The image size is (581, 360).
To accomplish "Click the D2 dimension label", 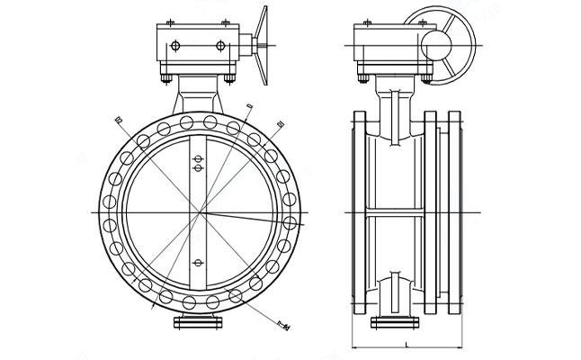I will (x=119, y=118).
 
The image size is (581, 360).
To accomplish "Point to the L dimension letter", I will (x=408, y=344).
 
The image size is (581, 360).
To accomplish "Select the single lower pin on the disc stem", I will (x=198, y=262).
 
